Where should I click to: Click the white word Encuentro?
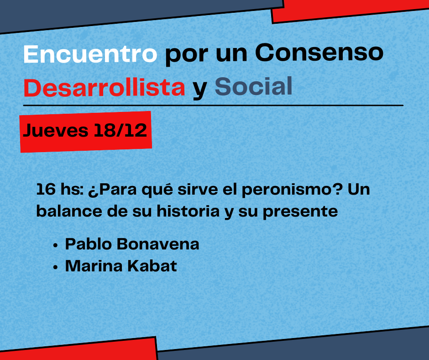(x=90, y=54)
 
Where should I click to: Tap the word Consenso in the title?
(x=319, y=53)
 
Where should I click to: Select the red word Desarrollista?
(x=104, y=87)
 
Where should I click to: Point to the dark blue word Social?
(x=254, y=86)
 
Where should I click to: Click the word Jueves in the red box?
(x=56, y=130)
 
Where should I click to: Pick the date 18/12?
(x=120, y=130)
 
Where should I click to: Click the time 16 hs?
(x=60, y=189)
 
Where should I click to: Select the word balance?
(x=69, y=211)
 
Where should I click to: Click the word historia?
(x=188, y=211)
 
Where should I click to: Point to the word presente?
(x=300, y=212)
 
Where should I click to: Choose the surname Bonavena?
(x=158, y=244)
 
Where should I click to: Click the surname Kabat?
(x=152, y=266)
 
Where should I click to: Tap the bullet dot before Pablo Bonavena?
(x=56, y=245)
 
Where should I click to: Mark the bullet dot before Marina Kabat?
(x=56, y=267)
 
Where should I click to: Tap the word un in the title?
(x=232, y=55)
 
